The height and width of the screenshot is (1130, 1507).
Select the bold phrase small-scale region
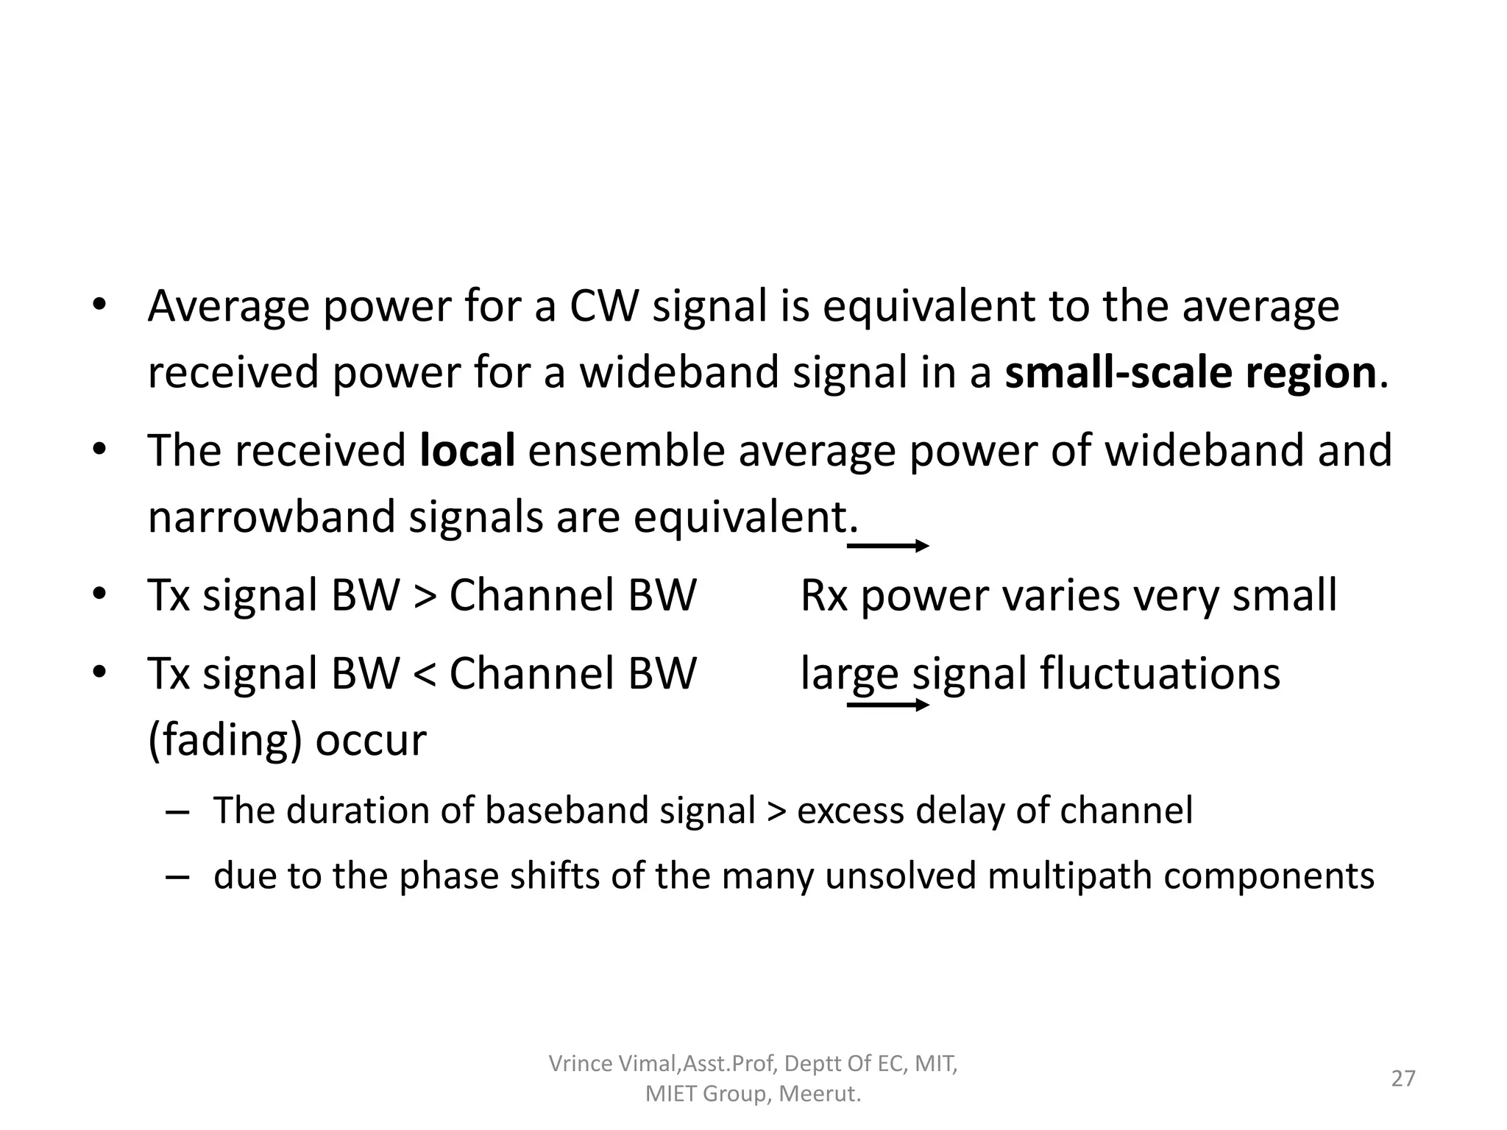(x=1190, y=372)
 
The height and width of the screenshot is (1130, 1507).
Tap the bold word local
(x=467, y=450)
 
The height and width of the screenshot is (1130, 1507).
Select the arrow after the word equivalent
(x=888, y=546)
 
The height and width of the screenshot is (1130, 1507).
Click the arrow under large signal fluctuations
(x=888, y=705)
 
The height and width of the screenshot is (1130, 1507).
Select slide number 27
(x=1403, y=1079)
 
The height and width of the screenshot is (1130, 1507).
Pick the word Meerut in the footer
(x=819, y=1095)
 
